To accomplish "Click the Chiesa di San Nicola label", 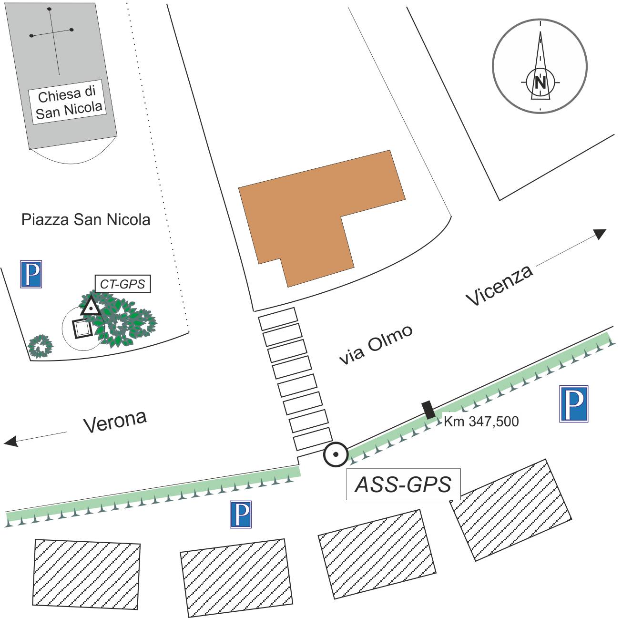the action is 69,103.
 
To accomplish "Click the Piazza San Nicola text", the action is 86,220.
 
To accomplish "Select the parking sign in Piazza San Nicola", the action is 31,274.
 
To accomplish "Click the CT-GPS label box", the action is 122,284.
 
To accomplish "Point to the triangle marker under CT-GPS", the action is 91,307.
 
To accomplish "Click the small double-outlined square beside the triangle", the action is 82,328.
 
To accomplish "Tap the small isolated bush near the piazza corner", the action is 40,346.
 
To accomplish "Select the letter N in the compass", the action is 540,82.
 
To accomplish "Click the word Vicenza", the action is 499,285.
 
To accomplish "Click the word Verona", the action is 115,421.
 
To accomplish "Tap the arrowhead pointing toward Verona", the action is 11,442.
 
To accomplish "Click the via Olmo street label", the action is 376,345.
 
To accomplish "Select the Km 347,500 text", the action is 481,422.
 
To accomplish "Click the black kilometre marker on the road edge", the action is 428,410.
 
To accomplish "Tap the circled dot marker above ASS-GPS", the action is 336,454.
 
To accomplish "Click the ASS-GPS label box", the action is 403,484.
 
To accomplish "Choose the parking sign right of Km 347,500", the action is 573,404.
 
